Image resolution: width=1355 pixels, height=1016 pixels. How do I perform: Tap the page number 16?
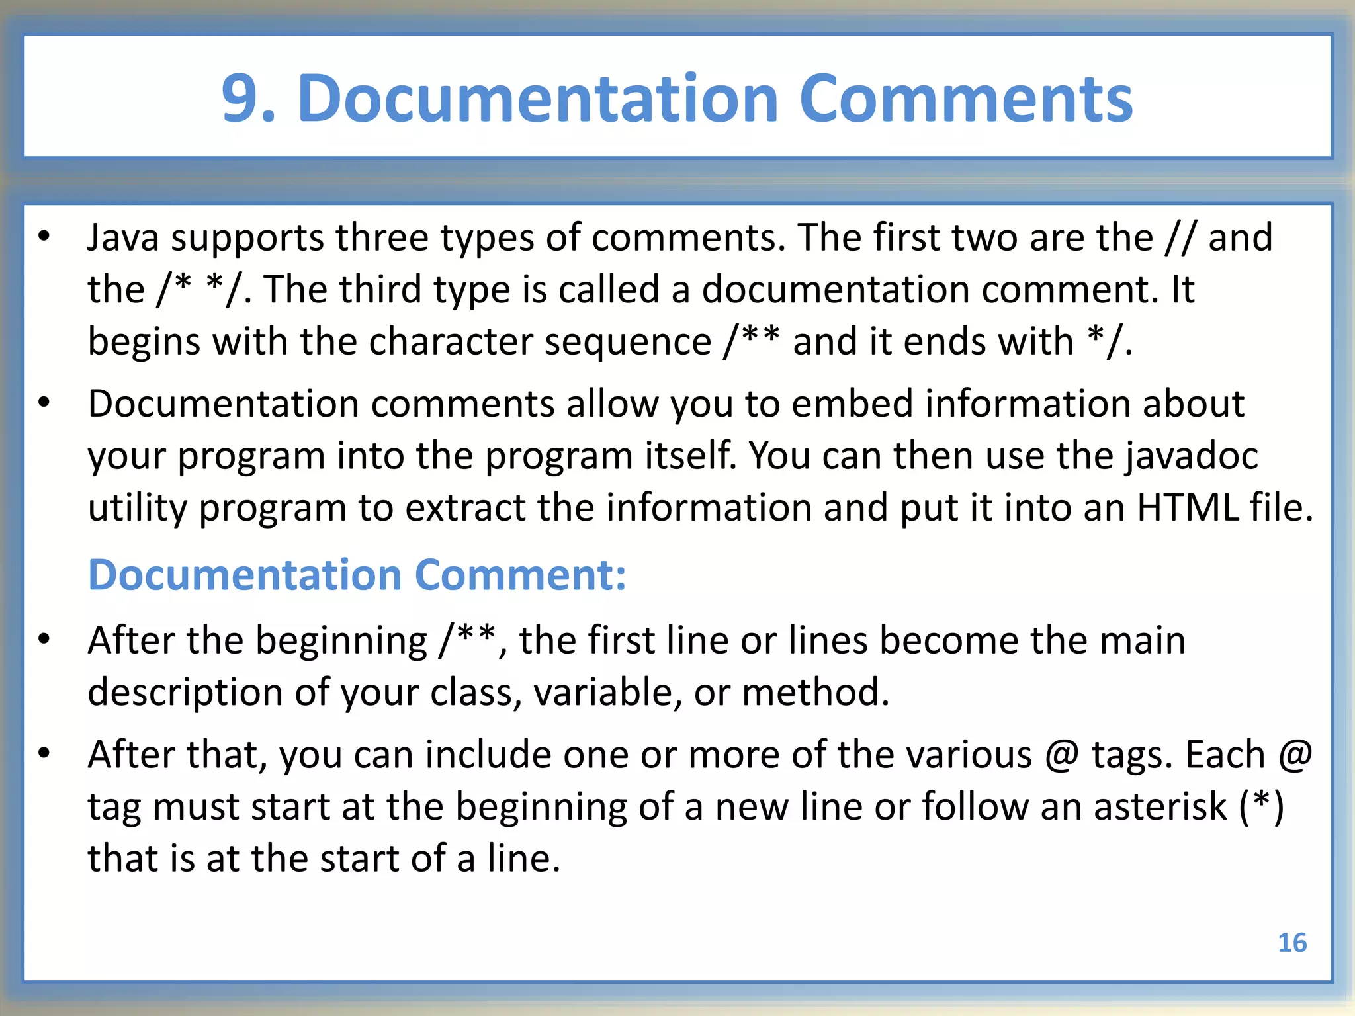click(1291, 943)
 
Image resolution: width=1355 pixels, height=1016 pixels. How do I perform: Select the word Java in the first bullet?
click(123, 238)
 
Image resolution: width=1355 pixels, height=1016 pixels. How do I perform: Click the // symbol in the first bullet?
click(1180, 238)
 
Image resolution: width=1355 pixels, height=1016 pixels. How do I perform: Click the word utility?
click(138, 509)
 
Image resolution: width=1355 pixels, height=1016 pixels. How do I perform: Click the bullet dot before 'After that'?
click(44, 753)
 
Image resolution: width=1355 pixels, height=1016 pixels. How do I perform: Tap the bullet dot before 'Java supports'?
click(44, 237)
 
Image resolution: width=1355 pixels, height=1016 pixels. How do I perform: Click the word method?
click(815, 693)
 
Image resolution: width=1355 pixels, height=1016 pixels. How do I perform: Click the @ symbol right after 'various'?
click(1062, 755)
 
